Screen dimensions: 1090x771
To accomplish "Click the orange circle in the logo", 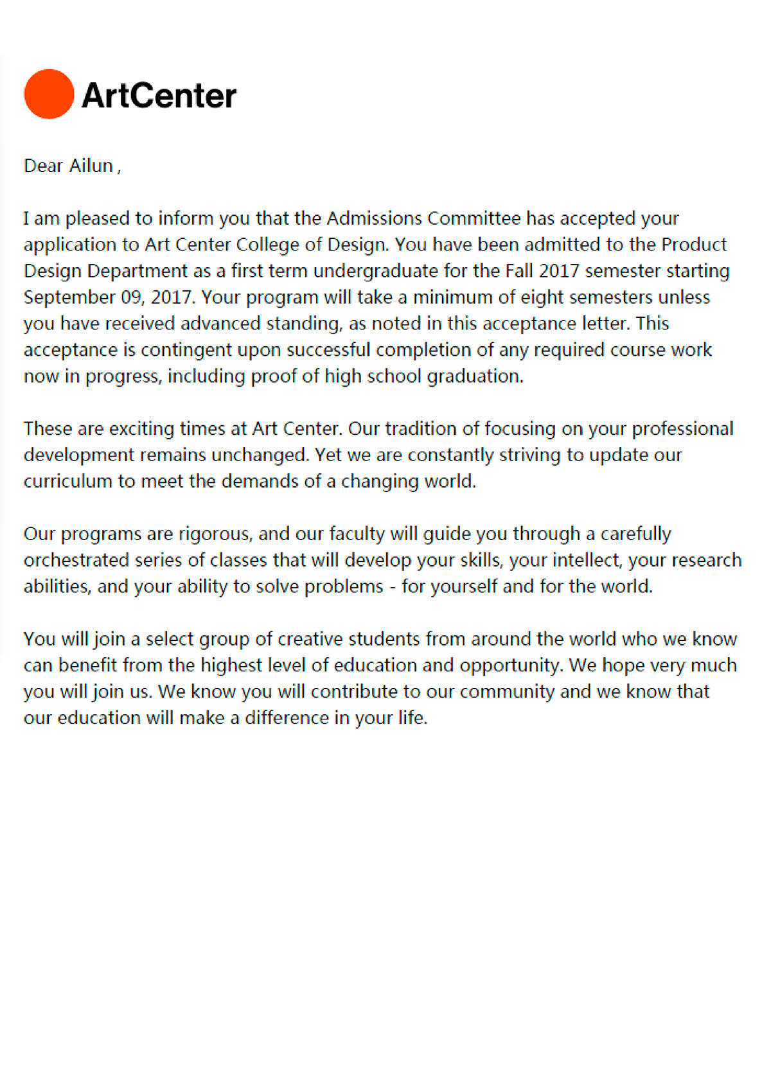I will (49, 94).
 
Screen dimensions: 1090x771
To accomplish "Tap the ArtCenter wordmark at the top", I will (159, 95).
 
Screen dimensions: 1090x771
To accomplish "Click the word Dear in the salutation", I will (43, 166).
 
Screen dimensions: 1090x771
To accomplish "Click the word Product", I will (694, 245).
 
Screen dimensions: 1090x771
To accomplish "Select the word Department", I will (137, 271).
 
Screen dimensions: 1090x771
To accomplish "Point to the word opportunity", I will (511, 665).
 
